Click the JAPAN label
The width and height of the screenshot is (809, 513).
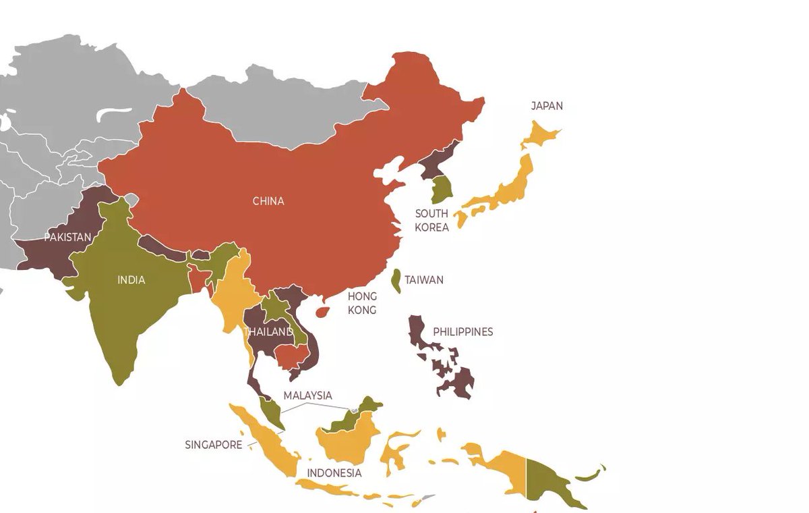point(546,106)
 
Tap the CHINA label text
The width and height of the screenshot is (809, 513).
point(268,201)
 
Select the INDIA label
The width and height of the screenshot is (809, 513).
point(131,280)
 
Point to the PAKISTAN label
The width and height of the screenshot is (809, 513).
point(67,238)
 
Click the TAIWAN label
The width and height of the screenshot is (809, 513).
point(424,280)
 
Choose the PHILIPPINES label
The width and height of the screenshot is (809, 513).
point(462,332)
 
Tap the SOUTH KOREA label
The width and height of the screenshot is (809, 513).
point(431,221)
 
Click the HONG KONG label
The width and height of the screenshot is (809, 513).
point(362,303)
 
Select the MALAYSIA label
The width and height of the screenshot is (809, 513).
point(307,396)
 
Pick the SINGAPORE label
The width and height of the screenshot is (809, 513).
point(213,445)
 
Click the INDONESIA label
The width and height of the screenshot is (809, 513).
point(334,473)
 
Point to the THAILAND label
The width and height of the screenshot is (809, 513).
point(269,332)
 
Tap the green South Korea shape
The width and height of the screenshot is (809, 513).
point(442,189)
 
